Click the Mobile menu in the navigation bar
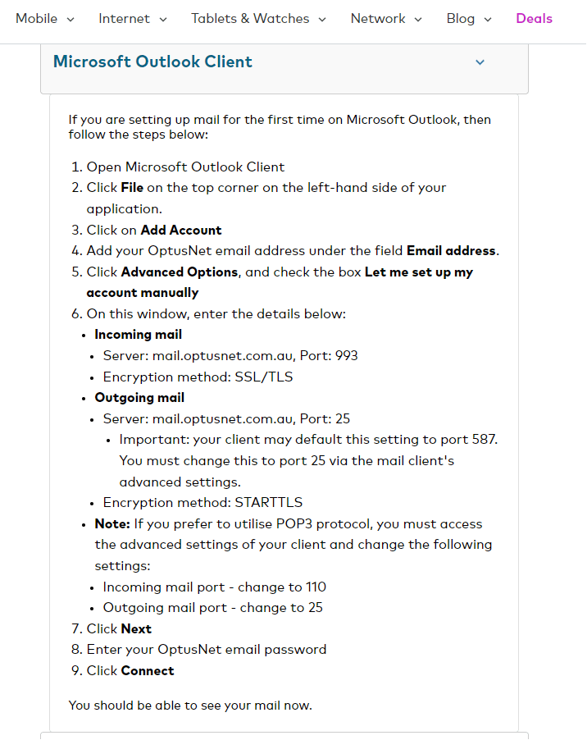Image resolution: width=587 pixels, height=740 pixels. [44, 18]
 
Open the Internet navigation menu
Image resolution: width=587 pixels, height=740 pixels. [132, 18]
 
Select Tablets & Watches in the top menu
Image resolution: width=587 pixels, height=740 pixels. [258, 18]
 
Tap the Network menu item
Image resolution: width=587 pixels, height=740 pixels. [386, 18]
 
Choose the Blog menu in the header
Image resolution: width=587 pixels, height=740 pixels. [469, 18]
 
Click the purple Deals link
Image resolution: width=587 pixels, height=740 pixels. [534, 18]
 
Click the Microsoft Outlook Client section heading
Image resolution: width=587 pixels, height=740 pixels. [152, 62]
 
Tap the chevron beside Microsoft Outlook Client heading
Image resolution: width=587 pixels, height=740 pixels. [480, 62]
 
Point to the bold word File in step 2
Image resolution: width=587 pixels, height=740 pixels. [132, 188]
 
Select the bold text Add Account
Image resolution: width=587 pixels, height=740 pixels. [181, 230]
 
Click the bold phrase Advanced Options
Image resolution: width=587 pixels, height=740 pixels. [180, 272]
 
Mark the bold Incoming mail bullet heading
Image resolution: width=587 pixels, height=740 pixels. [139, 334]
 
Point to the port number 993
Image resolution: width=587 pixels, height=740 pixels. [346, 355]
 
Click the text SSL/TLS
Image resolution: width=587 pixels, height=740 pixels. [264, 377]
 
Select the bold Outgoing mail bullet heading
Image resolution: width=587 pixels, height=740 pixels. [139, 397]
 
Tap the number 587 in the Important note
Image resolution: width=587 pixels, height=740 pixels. [485, 440]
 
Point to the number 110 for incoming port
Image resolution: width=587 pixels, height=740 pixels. [316, 587]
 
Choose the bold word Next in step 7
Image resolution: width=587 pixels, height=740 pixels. [136, 628]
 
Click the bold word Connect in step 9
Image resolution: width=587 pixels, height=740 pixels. [148, 670]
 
